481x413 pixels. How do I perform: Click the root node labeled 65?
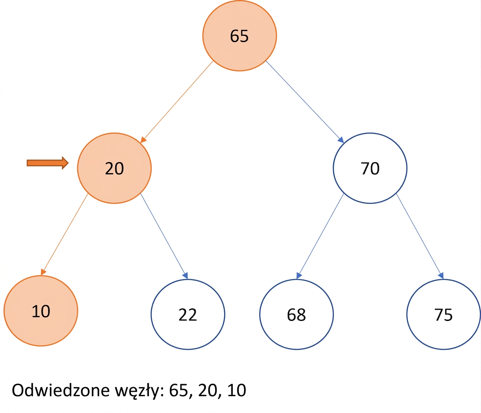tap(239, 36)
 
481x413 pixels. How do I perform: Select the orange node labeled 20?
tap(114, 168)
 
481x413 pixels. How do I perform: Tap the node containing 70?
tap(370, 168)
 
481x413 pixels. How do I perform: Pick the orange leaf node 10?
tap(41, 311)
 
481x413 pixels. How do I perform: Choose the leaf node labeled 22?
tap(188, 314)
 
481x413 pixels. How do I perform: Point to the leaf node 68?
tap(296, 314)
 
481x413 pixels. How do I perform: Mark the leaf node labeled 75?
tap(444, 314)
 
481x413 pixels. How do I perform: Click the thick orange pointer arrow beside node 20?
tap(48, 163)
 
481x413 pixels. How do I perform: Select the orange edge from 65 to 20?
tap(177, 102)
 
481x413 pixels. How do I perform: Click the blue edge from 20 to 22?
tap(164, 236)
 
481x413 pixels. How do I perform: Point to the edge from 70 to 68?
tap(320, 236)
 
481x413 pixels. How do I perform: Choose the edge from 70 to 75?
tap(420, 236)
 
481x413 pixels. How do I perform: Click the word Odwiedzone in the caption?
tap(61, 390)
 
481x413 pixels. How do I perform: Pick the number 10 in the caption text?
tap(237, 390)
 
